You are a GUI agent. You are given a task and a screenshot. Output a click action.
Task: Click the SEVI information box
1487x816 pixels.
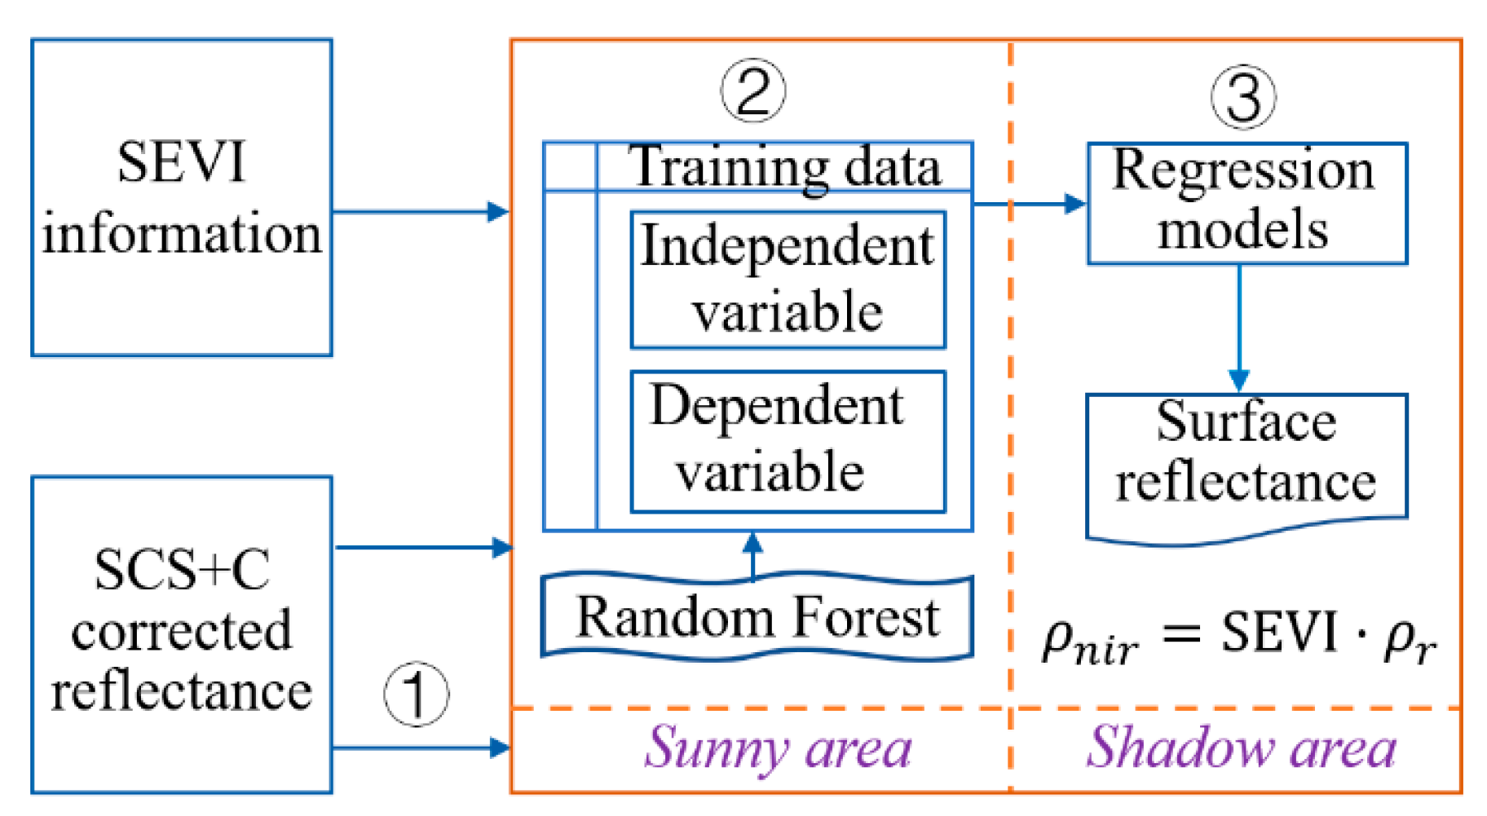coord(181,198)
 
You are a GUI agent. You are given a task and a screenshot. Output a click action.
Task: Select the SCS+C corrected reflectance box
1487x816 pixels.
coord(181,634)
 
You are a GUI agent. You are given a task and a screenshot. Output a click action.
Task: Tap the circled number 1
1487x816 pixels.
coord(416,695)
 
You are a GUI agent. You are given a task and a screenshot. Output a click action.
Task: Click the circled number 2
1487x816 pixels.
coord(753,90)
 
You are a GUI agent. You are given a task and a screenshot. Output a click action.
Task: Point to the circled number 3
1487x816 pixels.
coord(1243,97)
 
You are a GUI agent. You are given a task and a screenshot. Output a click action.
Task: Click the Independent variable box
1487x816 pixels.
coord(788,280)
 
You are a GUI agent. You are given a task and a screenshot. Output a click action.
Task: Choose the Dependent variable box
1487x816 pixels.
coord(788,441)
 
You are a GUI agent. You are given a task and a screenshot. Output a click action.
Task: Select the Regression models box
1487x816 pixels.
coord(1247,203)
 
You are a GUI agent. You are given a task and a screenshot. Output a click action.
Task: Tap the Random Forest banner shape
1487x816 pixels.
coord(757,617)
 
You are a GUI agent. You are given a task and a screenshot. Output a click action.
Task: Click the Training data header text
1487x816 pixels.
coord(784,167)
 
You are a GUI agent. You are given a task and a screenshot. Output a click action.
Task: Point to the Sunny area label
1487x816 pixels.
coord(778,748)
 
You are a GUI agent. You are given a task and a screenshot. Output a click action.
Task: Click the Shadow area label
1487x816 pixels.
coord(1241,748)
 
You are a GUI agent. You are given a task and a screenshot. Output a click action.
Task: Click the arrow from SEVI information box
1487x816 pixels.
coord(420,212)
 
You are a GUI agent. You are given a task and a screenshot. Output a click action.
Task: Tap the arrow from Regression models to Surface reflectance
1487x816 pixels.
coord(1239,326)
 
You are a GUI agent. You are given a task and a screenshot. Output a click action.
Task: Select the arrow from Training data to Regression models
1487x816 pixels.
coord(1029,203)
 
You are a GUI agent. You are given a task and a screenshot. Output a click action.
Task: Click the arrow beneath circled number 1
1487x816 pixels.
coord(420,747)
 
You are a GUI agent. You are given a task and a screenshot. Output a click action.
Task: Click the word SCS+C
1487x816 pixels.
coord(181,570)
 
